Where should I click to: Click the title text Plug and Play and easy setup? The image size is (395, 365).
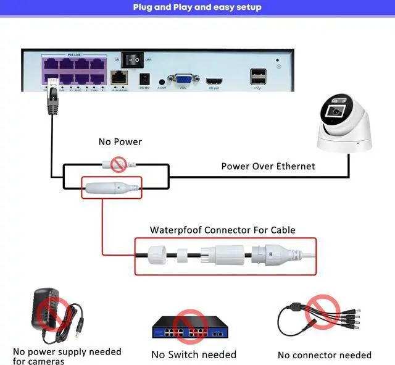click(x=197, y=7)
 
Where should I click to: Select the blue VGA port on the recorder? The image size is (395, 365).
click(x=183, y=80)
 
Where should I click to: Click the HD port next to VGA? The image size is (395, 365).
click(x=214, y=81)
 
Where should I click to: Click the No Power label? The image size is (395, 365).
click(x=120, y=142)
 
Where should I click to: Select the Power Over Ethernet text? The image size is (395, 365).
click(x=268, y=166)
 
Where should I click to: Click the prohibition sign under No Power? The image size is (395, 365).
click(x=118, y=164)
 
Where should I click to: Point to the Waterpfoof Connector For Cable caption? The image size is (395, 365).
click(x=223, y=230)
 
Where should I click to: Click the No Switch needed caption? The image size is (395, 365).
click(x=194, y=355)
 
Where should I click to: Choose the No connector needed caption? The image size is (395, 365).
click(x=325, y=355)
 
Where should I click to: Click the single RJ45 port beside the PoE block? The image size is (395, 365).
click(x=118, y=78)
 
